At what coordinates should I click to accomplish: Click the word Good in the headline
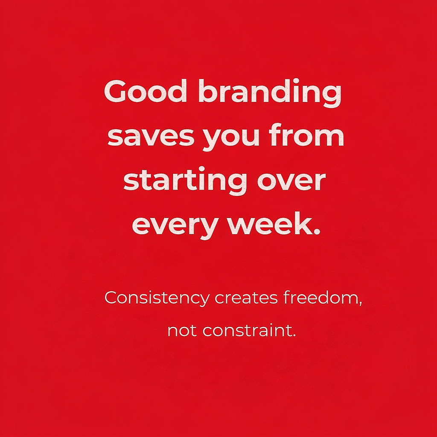pyautogui.click(x=146, y=91)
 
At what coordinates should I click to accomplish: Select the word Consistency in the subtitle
pyautogui.click(x=157, y=298)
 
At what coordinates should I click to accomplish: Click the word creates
pyautogui.click(x=246, y=298)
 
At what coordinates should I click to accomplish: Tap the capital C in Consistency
pyautogui.click(x=112, y=297)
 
